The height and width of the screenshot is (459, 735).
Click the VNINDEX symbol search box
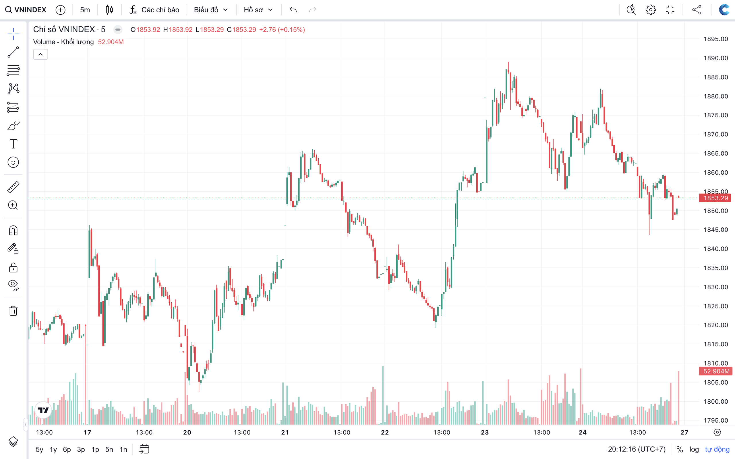(26, 10)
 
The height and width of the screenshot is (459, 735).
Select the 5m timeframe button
(85, 10)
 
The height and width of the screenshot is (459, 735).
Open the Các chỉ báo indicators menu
(154, 10)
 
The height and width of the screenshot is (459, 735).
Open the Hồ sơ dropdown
(258, 10)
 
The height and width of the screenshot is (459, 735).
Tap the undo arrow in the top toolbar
(293, 10)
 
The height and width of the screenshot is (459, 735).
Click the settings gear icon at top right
(650, 10)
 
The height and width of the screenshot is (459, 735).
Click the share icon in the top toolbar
(697, 10)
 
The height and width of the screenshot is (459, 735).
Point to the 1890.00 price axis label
(715, 58)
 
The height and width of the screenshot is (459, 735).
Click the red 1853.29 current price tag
(715, 198)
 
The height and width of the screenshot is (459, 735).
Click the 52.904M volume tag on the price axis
(716, 371)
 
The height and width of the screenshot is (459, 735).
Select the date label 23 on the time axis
(485, 432)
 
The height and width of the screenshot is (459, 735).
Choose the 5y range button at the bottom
(39, 449)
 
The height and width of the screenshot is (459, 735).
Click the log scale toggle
(694, 449)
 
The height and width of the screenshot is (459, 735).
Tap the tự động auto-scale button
(717, 449)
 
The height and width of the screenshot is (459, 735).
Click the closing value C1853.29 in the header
(241, 30)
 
